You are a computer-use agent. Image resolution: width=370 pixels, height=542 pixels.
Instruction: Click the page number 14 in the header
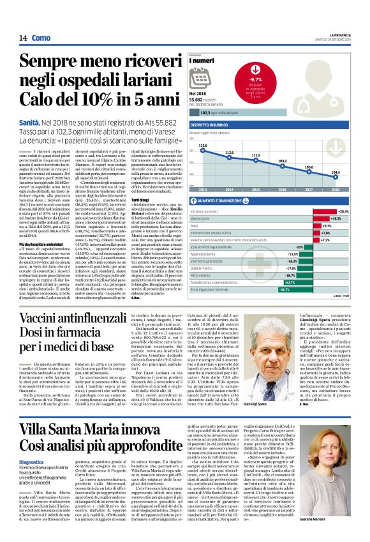(22, 38)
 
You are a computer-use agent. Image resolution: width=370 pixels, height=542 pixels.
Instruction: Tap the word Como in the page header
(40, 38)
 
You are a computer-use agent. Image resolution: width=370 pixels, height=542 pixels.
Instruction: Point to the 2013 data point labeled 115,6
(203, 152)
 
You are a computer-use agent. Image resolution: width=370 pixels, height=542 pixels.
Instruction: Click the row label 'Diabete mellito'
(211, 267)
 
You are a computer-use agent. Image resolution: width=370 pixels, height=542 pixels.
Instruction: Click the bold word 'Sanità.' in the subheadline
(30, 121)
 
